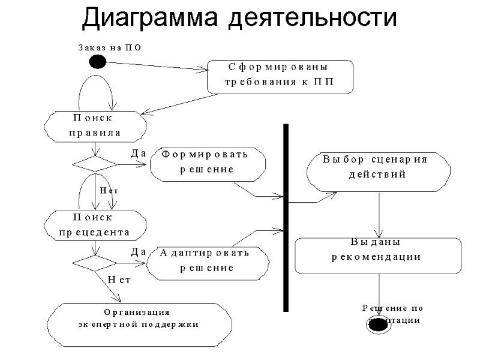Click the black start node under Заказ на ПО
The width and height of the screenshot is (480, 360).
point(97,61)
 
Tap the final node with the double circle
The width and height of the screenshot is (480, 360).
point(379,322)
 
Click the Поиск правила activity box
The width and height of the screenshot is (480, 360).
point(95,125)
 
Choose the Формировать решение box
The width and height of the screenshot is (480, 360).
point(208,163)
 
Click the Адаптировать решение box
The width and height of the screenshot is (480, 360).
point(208,262)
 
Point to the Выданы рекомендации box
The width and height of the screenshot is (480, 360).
point(377,255)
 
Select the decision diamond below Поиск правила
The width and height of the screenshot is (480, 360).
point(95,164)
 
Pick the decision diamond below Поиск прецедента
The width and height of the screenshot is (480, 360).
point(95,263)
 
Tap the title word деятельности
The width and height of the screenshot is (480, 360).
point(312,17)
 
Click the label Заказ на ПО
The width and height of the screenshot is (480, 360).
point(109,47)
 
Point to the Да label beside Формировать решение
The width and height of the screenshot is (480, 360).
point(139,154)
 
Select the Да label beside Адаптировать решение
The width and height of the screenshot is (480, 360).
point(139,253)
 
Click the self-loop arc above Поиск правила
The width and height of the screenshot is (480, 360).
point(95,84)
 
